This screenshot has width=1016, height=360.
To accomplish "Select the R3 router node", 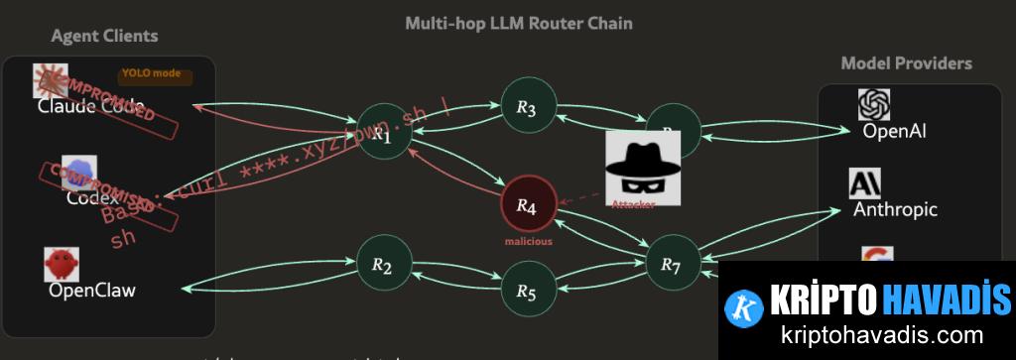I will [x=527, y=107].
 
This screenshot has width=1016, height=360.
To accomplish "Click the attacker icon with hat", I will [x=643, y=168].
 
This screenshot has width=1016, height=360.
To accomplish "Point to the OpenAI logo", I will [x=874, y=105].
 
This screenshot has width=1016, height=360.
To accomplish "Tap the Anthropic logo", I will [x=864, y=184].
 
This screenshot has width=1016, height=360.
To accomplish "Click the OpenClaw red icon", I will [x=62, y=265].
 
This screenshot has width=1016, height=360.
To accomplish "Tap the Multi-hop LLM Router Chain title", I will [x=519, y=22].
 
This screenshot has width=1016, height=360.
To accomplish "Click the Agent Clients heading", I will [x=104, y=37].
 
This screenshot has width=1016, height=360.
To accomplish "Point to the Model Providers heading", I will [x=906, y=63].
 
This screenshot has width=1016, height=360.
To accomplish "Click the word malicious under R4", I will [x=527, y=241].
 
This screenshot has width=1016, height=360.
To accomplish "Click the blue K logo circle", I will [x=744, y=306].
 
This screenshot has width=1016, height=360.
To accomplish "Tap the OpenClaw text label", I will [x=91, y=291].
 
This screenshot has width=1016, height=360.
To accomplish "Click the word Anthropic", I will [x=895, y=209].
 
